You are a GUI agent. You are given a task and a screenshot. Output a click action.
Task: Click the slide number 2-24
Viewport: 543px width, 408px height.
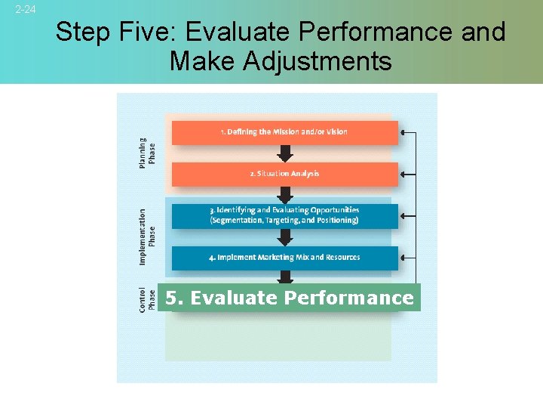click(x=25, y=9)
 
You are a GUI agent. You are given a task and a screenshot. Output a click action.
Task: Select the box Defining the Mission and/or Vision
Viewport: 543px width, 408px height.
click(x=284, y=132)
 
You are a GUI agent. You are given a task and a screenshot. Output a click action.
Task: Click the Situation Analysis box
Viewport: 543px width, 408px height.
click(x=284, y=174)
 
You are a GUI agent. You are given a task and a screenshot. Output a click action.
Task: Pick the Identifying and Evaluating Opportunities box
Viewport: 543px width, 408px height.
click(x=284, y=215)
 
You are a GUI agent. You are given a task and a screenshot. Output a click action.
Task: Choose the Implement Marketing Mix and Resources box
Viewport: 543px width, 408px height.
click(x=284, y=258)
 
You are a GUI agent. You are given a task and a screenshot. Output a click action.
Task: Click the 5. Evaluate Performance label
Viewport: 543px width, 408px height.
click(x=290, y=298)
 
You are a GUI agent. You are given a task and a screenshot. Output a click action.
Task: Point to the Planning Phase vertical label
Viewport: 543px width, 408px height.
click(x=147, y=152)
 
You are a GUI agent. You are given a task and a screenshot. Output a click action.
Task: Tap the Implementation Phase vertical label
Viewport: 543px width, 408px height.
click(x=147, y=236)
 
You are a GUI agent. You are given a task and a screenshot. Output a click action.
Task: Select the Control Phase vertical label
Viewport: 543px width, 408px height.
click(x=147, y=298)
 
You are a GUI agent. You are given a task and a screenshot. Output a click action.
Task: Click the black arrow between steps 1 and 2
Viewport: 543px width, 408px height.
click(x=284, y=154)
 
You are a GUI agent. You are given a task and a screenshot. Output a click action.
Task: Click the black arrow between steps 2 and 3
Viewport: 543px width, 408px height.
click(x=284, y=196)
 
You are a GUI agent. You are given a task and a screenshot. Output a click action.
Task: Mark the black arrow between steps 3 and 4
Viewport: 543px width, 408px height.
click(x=284, y=237)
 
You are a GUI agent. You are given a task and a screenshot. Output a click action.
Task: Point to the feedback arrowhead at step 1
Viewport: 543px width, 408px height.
click(x=403, y=132)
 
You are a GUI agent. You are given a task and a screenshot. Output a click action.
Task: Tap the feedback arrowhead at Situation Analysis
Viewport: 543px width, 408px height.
click(x=403, y=174)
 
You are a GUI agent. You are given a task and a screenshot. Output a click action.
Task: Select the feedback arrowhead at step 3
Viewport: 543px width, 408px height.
click(x=403, y=215)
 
